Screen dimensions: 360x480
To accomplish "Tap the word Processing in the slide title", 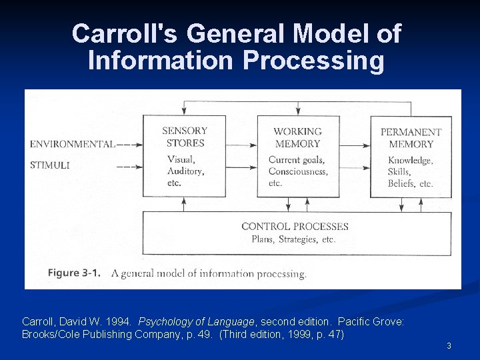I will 313,61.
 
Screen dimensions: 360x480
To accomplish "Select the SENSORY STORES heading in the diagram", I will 185,137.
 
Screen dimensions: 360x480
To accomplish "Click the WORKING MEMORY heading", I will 297,137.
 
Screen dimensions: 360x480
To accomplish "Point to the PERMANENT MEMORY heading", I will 411,138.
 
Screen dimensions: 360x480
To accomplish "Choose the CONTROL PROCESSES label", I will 295,227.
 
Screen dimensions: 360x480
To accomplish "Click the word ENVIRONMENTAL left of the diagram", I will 72,143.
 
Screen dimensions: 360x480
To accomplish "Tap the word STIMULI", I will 49,165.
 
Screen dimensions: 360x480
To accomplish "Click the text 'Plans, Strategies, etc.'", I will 293,239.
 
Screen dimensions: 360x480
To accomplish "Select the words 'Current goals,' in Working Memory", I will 296,160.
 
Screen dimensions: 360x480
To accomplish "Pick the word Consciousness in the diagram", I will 298,171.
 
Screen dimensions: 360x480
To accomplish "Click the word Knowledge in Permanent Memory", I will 410,161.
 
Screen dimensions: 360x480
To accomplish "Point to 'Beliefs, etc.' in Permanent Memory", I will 411,183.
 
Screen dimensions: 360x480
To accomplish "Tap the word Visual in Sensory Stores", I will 181,159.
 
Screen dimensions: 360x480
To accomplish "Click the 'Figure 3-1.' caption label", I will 74,273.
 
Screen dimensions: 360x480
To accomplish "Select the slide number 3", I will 449,345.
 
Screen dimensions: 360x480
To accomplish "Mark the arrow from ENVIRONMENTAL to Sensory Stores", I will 130,143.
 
